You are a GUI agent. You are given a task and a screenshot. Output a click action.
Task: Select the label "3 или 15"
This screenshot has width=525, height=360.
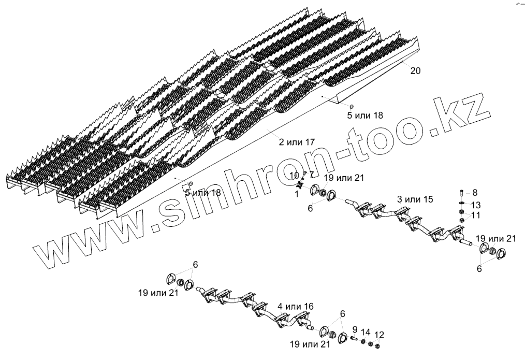(414, 199)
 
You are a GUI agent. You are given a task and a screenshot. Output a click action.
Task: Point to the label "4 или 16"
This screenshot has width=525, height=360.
(295, 307)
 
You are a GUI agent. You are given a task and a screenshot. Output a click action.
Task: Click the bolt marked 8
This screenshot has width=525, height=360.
(462, 193)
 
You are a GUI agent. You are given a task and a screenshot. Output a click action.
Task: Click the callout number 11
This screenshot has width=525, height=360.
(475, 214)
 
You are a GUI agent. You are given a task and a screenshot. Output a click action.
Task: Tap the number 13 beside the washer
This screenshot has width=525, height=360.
(475, 204)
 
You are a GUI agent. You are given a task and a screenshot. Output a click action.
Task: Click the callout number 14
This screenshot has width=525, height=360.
(366, 332)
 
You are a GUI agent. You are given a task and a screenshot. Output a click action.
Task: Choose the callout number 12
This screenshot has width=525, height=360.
(379, 334)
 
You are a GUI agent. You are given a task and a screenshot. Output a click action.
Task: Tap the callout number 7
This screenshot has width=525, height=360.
(312, 174)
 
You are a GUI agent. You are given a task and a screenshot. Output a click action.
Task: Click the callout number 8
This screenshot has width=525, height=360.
(475, 193)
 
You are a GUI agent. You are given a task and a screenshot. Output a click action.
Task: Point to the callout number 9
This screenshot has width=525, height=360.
(355, 329)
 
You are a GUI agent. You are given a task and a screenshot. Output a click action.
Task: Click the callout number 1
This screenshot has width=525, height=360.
(297, 193)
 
